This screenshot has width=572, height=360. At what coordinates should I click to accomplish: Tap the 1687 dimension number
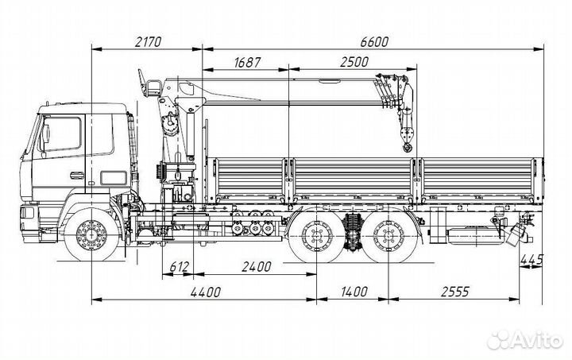coord(248,63)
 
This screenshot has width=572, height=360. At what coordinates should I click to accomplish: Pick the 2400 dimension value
coord(257,267)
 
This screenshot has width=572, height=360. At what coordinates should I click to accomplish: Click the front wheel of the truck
coord(92,234)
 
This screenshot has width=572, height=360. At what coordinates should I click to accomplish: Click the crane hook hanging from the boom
coord(407,145)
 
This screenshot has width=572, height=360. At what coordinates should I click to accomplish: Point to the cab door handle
coord(76,175)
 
